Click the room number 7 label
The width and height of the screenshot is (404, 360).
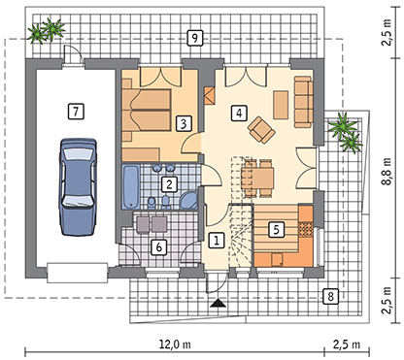(76, 112)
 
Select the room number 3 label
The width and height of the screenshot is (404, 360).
(184, 123)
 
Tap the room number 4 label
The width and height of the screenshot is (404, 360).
(239, 113)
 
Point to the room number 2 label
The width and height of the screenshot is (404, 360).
(169, 184)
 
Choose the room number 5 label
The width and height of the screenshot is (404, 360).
(276, 229)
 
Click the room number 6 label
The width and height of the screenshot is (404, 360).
(159, 247)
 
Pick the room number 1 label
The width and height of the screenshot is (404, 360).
(217, 240)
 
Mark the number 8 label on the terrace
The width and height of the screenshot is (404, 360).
(330, 296)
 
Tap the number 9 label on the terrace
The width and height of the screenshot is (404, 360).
(194, 38)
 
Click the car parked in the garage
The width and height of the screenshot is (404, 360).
(78, 186)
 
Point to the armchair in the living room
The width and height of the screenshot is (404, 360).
(261, 129)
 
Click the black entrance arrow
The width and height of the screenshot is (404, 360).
(219, 303)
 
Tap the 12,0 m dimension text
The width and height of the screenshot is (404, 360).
(175, 344)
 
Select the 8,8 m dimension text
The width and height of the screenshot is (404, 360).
(387, 172)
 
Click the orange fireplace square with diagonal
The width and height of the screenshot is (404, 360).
(210, 96)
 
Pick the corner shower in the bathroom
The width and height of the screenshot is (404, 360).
(189, 200)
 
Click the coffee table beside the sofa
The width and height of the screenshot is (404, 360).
(281, 105)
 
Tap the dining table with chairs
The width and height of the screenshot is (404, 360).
(258, 178)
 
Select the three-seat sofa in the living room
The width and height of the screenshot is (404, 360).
(303, 102)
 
